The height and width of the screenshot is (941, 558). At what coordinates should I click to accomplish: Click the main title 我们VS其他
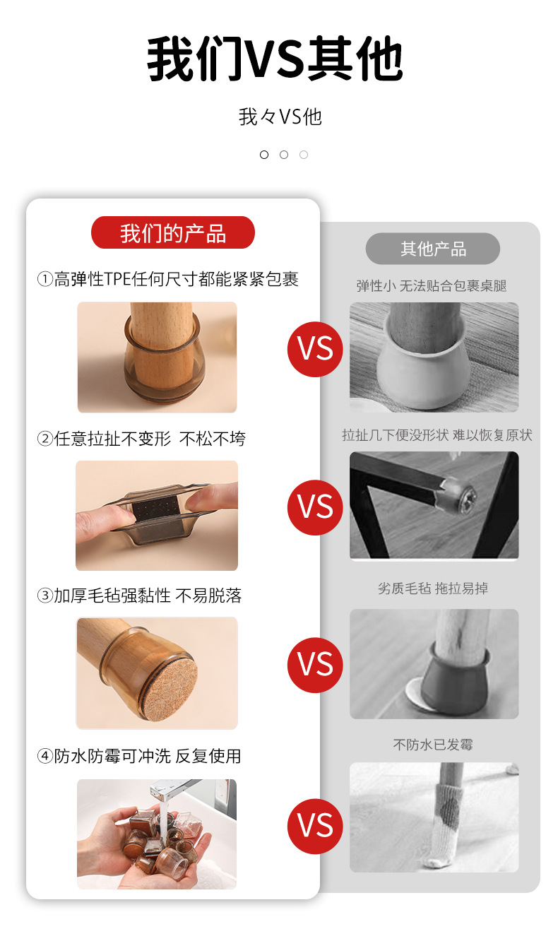click(275, 59)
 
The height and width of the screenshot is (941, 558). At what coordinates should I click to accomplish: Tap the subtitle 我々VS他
click(280, 117)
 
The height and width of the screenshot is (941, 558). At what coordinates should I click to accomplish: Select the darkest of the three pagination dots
click(264, 155)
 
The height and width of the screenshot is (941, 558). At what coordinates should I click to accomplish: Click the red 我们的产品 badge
click(173, 232)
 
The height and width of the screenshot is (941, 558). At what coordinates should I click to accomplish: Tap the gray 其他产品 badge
click(433, 249)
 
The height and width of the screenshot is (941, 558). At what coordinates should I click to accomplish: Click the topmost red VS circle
click(315, 349)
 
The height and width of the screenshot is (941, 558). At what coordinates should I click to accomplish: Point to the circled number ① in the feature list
click(45, 279)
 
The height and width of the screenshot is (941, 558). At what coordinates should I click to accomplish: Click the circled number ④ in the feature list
click(45, 756)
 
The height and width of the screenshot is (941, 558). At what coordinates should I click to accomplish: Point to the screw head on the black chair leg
click(466, 499)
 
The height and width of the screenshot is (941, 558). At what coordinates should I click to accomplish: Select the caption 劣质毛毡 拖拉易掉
click(433, 588)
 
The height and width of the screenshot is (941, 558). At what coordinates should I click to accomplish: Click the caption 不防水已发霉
click(433, 745)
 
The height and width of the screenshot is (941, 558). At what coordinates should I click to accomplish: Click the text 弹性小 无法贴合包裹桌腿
click(432, 285)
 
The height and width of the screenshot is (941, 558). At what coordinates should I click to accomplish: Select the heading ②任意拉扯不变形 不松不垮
click(141, 439)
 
